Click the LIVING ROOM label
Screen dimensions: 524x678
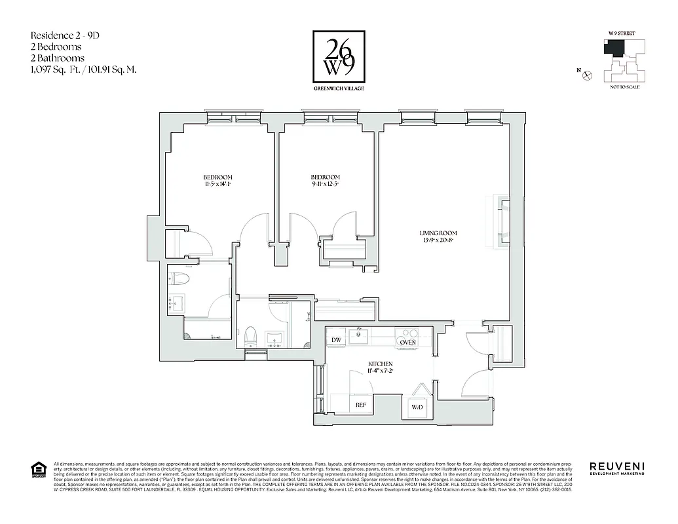coord(438,233)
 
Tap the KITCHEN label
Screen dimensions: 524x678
coord(380,364)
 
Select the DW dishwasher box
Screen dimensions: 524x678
coord(336,340)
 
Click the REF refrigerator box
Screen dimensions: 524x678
coord(360,405)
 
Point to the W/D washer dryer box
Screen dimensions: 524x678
coord(417,408)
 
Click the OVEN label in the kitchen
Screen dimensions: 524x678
coord(408,342)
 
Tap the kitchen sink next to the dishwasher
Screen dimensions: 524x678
coord(358,336)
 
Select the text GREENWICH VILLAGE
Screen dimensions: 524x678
coord(339,88)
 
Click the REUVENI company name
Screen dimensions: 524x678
coord(616,466)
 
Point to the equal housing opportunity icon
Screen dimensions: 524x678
coord(39,469)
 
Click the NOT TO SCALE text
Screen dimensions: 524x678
coord(624,87)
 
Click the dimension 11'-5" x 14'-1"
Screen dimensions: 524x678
coord(217,185)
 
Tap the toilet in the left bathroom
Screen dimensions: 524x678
coord(179,280)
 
